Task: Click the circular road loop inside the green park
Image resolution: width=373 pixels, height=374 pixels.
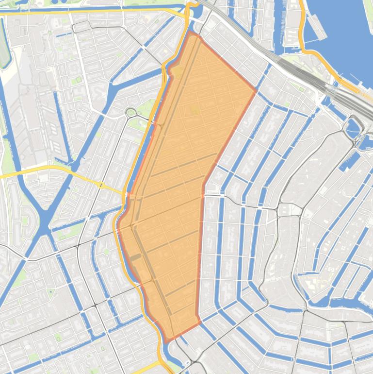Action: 130,113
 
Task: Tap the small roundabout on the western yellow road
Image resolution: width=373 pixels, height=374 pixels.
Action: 101,185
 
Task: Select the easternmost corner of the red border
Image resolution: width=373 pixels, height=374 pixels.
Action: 256,90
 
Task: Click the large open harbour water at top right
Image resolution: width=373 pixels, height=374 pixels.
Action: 340,29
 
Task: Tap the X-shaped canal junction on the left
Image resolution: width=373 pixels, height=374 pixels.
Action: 45,221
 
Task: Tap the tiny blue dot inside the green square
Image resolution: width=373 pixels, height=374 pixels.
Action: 50,291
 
